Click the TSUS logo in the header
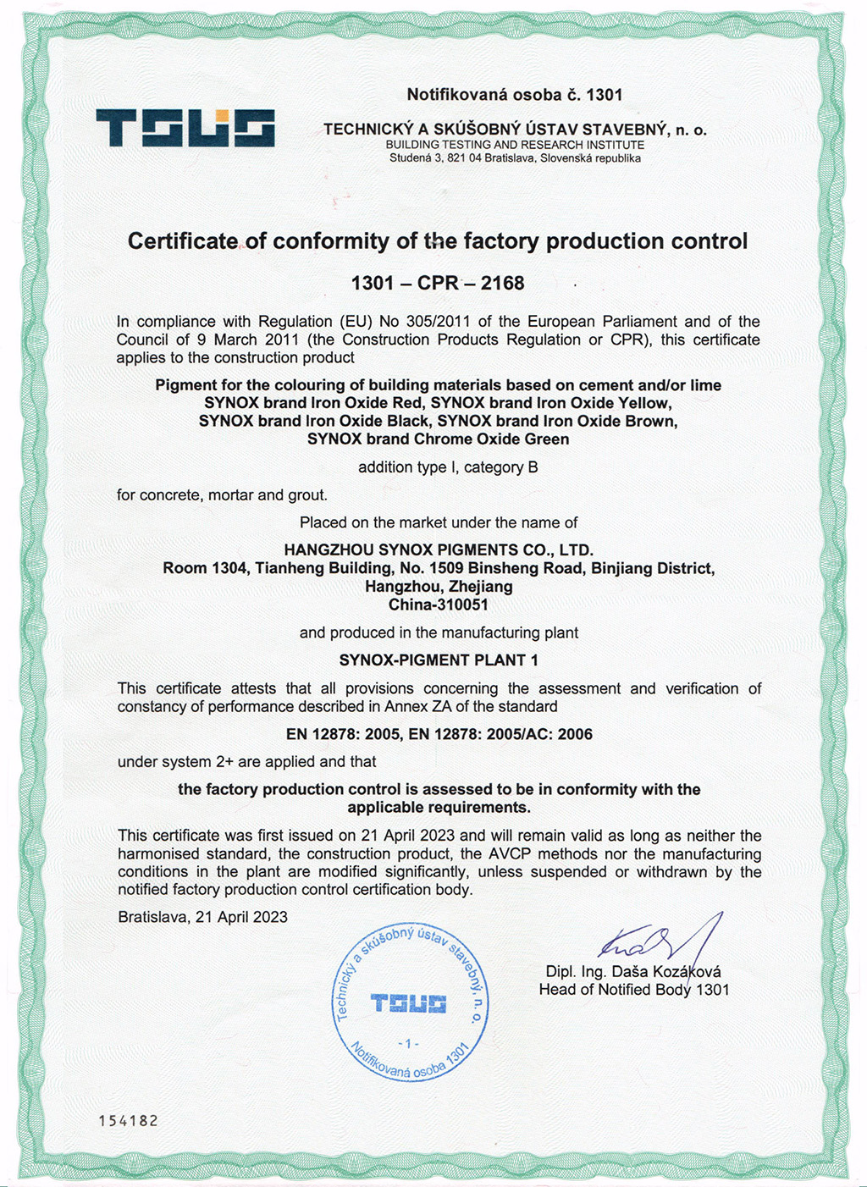click(185, 128)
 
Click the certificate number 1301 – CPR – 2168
click(438, 283)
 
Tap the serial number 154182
click(128, 1120)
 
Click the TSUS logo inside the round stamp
click(409, 1004)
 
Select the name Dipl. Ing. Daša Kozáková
click(633, 972)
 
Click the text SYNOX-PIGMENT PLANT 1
click(439, 660)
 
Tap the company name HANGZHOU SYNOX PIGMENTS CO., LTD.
click(439, 550)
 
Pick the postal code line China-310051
click(439, 605)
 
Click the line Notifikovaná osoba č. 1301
click(515, 95)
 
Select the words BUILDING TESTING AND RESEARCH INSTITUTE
click(515, 145)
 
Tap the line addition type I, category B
click(448, 467)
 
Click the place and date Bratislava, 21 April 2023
click(203, 917)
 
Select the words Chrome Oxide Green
click(492, 439)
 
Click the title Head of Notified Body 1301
click(633, 990)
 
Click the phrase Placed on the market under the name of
click(439, 522)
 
